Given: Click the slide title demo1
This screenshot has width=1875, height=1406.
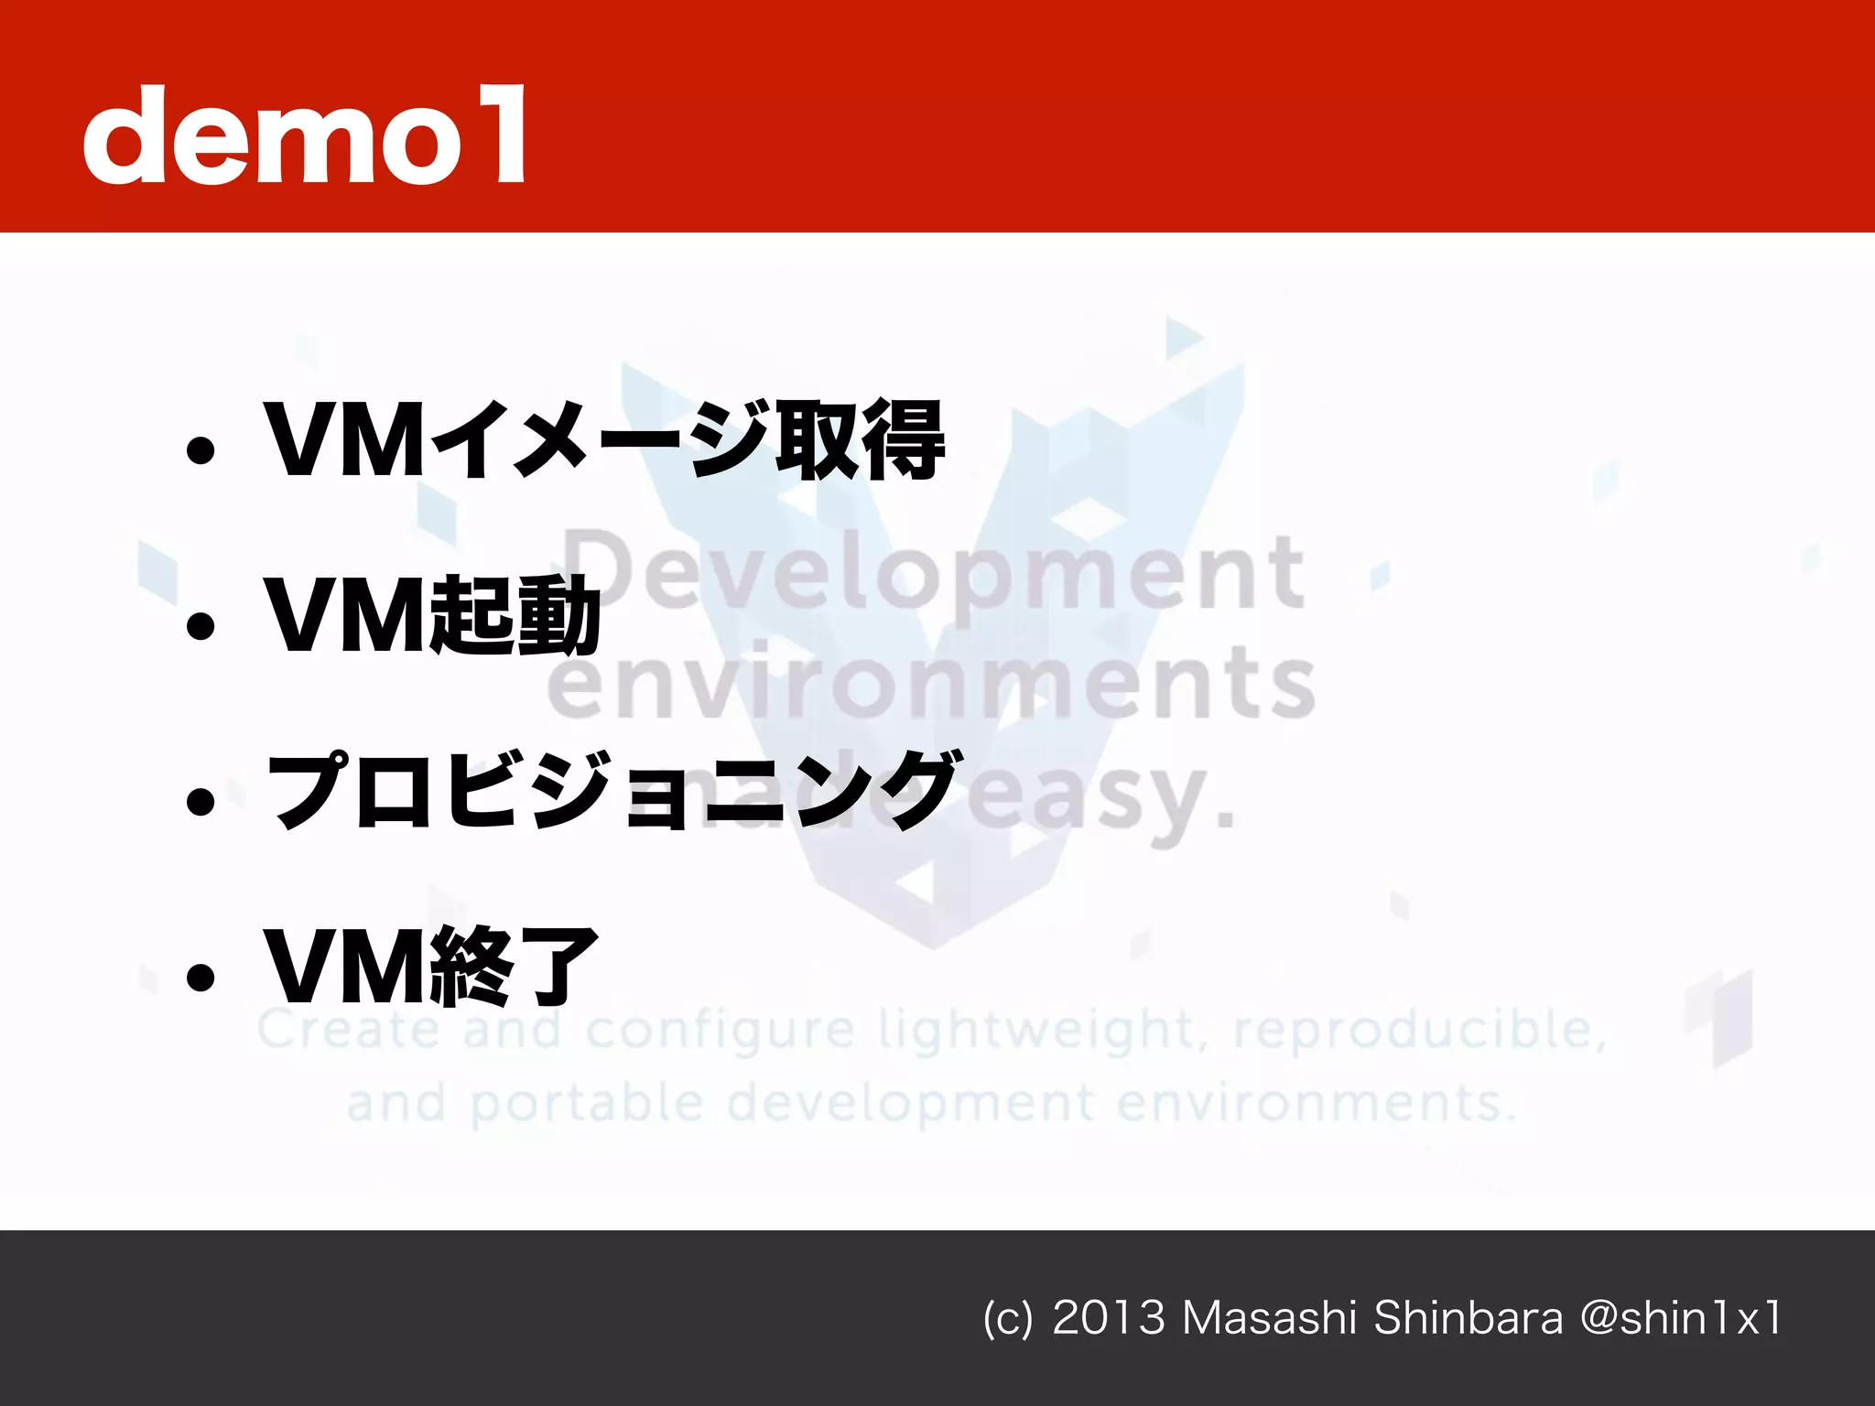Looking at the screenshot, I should pos(305,135).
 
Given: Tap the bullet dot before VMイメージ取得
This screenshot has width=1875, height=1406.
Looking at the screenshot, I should pos(200,449).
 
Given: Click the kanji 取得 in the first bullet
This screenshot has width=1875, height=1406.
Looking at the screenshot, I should pos(859,440).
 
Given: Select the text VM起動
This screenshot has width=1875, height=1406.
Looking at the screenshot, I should pos(431,615).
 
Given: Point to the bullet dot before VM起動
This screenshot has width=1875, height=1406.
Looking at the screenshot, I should pos(200,626).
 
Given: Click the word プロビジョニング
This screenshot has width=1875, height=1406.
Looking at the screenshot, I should pos(612,790).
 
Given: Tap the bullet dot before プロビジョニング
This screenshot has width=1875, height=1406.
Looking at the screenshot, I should pos(200,802).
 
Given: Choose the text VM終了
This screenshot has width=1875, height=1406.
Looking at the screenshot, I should pos(431,967).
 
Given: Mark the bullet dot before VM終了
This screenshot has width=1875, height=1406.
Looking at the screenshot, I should pos(200,978).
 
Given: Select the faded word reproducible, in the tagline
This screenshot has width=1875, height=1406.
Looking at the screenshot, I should pos(1419,1030).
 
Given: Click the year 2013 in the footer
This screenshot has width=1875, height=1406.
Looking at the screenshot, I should pos(1108,1318).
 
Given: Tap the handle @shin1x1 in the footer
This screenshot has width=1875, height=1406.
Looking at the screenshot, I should pos(1681,1318).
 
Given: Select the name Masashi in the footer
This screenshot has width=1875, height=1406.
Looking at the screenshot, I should pos(1269,1318).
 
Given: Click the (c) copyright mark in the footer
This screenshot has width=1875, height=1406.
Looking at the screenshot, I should pos(1007,1319).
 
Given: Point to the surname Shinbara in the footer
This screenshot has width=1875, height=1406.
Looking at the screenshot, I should pos(1468,1318).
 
